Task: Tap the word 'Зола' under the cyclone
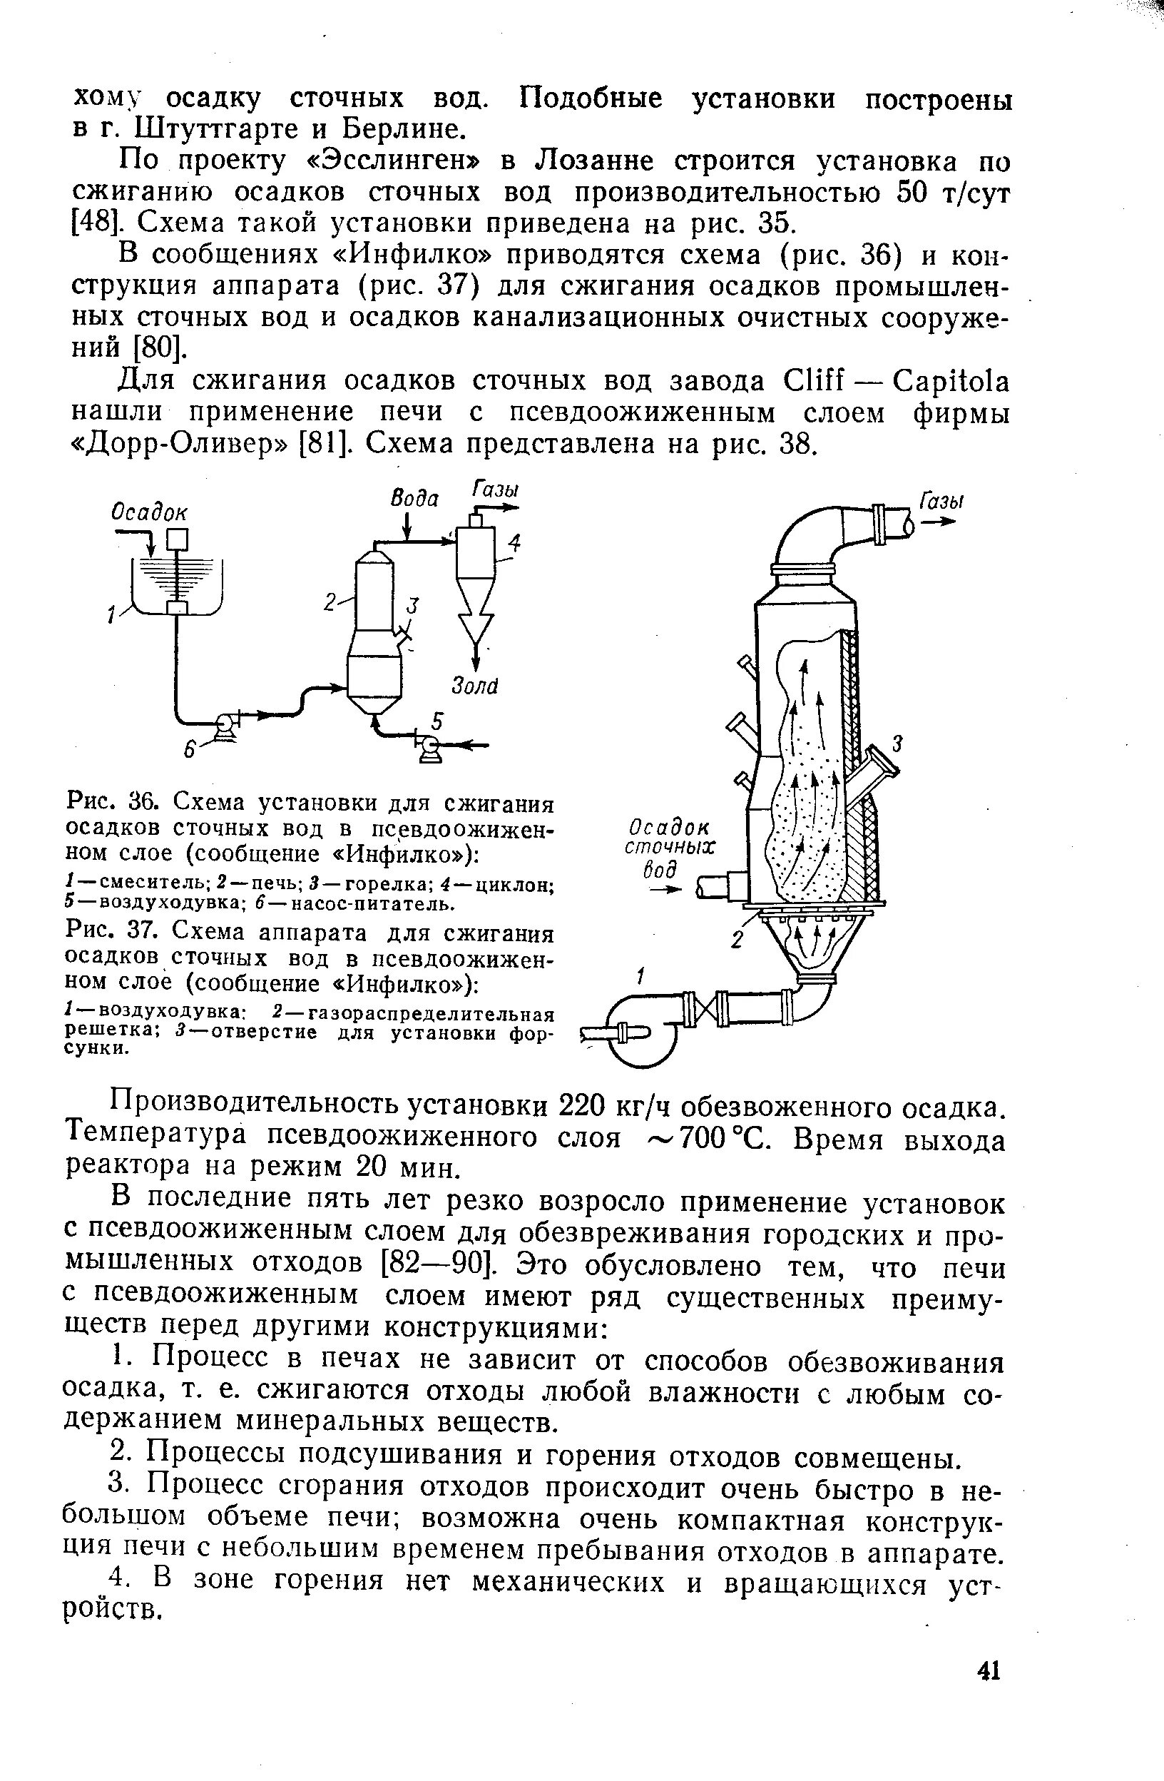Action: click(475, 686)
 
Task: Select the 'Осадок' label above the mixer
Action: click(150, 512)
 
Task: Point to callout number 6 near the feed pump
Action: click(190, 750)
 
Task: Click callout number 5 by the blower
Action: click(437, 720)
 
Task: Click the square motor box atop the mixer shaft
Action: click(178, 538)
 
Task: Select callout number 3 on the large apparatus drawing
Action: click(899, 743)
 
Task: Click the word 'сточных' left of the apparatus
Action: click(670, 847)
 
